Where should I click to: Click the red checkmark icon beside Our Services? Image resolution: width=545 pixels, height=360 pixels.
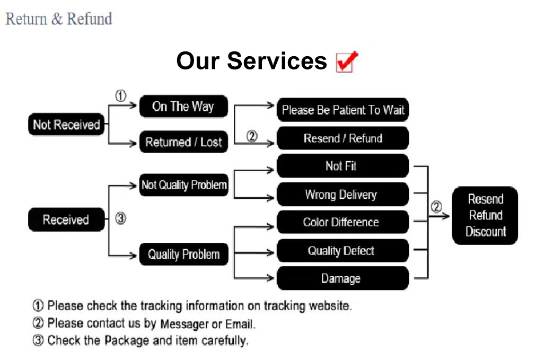[x=347, y=62]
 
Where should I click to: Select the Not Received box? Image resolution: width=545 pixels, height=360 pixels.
[x=66, y=125]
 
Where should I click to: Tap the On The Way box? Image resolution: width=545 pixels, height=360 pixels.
[x=183, y=107]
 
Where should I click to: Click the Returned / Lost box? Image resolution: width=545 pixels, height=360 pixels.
[x=183, y=142]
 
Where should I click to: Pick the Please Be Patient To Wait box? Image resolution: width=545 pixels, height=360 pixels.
[x=343, y=110]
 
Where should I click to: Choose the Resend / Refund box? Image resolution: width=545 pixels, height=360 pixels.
[x=343, y=138]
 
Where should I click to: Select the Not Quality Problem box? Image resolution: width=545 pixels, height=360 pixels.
[x=183, y=185]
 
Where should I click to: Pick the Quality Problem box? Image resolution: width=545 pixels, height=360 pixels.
[x=183, y=254]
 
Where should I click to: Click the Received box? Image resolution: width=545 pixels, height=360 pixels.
[x=66, y=219]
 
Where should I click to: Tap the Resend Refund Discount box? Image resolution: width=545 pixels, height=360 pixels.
[x=485, y=215]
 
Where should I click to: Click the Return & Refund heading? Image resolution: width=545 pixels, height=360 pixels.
[x=59, y=19]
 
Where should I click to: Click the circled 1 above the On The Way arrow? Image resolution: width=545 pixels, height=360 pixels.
[x=121, y=96]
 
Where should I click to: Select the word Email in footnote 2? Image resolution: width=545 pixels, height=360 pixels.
[x=240, y=323]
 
